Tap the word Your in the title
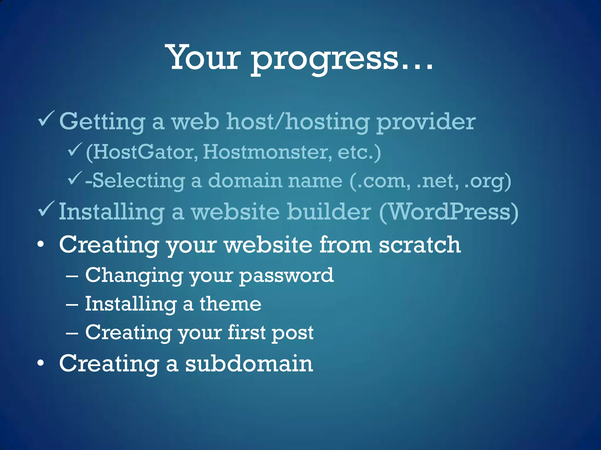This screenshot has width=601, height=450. pos(204,57)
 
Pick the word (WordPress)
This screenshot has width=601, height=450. pos(449,212)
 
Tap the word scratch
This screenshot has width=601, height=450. pos(420,245)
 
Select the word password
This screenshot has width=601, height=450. pos(286,276)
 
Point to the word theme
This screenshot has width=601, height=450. pos(230,304)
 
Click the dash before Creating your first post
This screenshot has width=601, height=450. pos(72,333)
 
